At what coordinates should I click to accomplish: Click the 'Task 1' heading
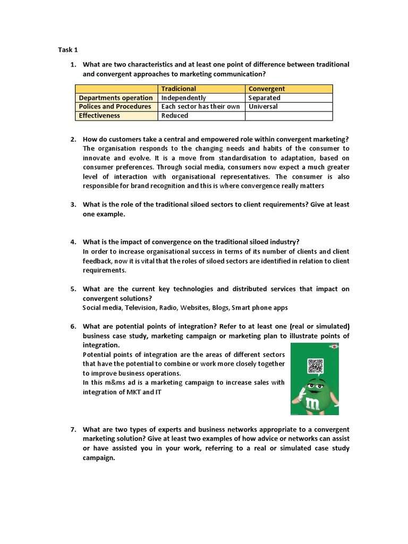pyautogui.click(x=68, y=50)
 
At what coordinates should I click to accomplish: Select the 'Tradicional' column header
pyautogui.click(x=178, y=89)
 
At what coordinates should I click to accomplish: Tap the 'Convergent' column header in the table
pyautogui.click(x=267, y=89)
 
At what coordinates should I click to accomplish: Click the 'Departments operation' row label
pyautogui.click(x=116, y=98)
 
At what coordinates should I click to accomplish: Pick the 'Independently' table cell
pyautogui.click(x=183, y=98)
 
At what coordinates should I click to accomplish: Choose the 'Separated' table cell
pyautogui.click(x=264, y=98)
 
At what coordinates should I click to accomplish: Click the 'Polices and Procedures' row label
pyautogui.click(x=115, y=106)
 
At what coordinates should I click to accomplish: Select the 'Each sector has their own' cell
pyautogui.click(x=200, y=106)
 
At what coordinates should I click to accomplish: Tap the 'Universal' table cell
pyautogui.click(x=263, y=106)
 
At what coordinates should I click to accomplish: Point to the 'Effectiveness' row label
pyautogui.click(x=99, y=115)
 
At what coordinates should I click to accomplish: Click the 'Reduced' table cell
pyautogui.click(x=175, y=115)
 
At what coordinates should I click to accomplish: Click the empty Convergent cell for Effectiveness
pyautogui.click(x=289, y=115)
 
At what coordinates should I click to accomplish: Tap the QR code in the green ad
pyautogui.click(x=315, y=367)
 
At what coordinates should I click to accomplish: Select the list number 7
pyautogui.click(x=73, y=429)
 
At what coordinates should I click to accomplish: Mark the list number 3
pyautogui.click(x=73, y=205)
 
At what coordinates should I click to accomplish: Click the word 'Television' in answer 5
pyautogui.click(x=140, y=308)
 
